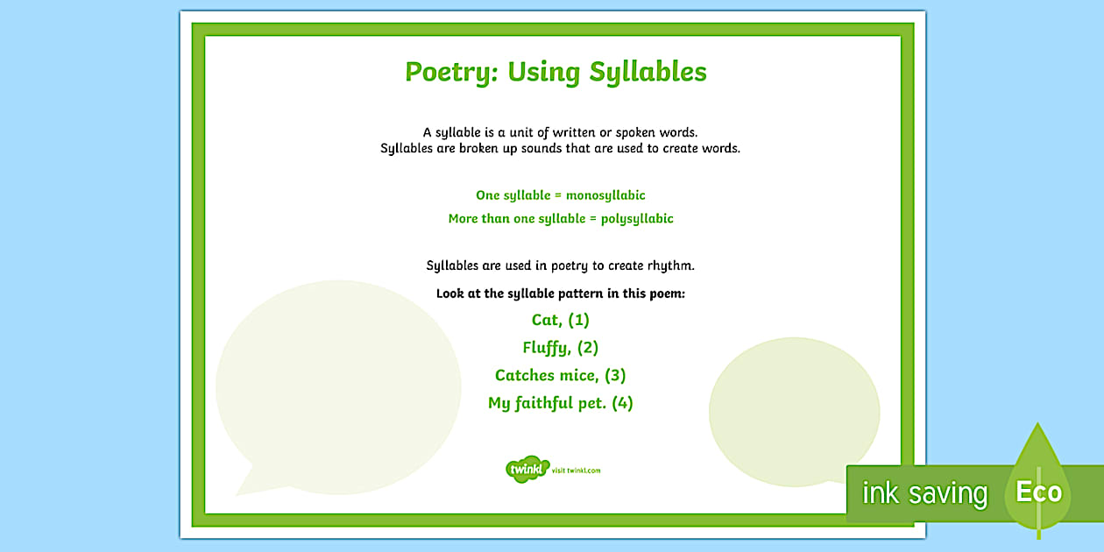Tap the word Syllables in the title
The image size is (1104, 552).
click(648, 72)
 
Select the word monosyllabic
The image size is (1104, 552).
click(605, 195)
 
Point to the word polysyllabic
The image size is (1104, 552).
click(637, 219)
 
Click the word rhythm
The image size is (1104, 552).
click(675, 265)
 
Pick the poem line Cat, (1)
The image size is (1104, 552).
click(561, 320)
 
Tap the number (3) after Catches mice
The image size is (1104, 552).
click(615, 376)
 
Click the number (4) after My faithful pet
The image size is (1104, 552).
click(622, 404)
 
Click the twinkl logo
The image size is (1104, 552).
click(527, 469)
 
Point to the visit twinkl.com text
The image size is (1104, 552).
click(577, 471)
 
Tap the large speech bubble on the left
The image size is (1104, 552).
click(337, 377)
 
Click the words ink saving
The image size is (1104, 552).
click(924, 494)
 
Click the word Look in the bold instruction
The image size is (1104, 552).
click(450, 294)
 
